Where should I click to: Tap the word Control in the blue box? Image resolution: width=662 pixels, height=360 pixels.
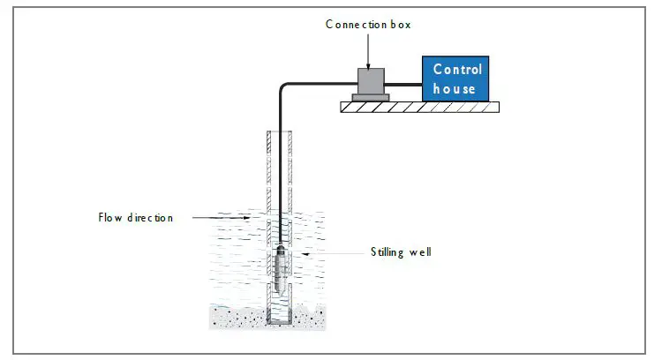457,70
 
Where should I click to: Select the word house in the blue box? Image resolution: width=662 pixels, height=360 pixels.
455,88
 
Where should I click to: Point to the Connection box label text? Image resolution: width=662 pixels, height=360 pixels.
368,25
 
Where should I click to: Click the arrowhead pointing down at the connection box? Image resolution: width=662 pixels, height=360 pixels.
368,61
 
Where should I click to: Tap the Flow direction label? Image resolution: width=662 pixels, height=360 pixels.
135,217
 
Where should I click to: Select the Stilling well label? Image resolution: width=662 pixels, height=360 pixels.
401,252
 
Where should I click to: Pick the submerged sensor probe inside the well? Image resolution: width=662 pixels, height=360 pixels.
281,269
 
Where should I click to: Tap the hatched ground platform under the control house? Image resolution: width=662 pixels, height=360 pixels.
420,107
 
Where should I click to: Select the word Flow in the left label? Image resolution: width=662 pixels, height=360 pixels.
110,217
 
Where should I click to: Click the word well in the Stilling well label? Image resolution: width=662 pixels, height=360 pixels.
419,252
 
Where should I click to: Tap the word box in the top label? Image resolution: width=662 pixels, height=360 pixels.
398,25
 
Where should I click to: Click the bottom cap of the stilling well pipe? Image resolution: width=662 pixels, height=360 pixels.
281,322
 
